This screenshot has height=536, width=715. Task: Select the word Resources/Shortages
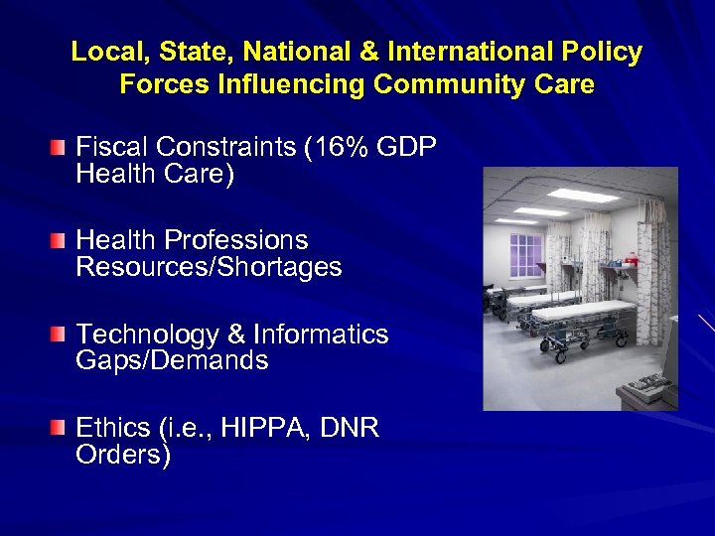coord(209,267)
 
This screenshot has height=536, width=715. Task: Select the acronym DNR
coord(351,429)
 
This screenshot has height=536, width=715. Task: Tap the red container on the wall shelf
coord(631,263)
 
